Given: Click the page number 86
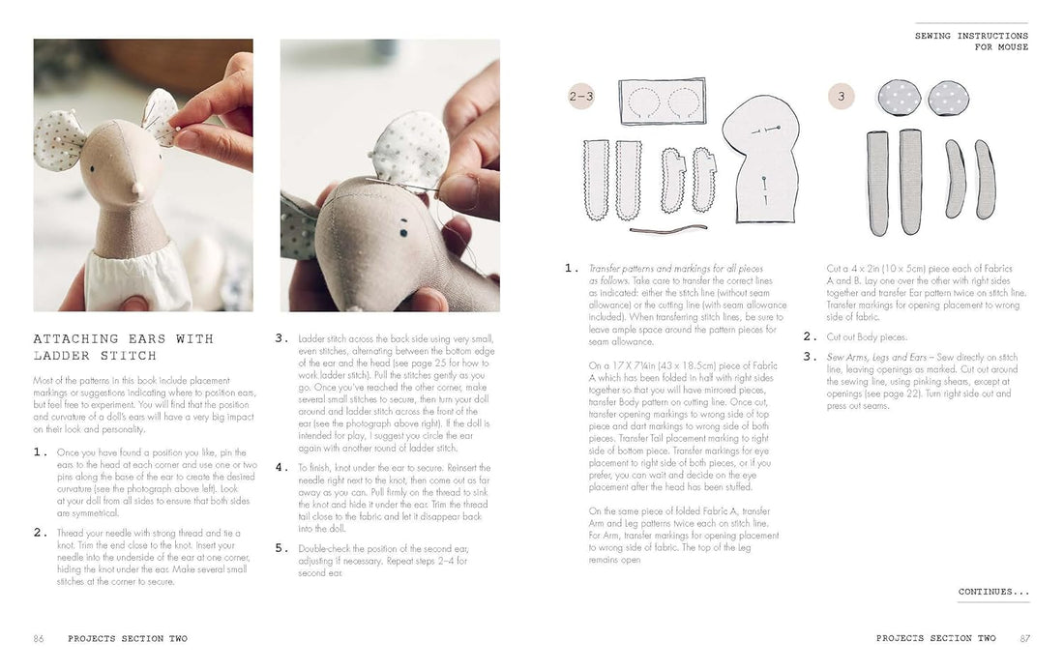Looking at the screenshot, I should pos(39,638).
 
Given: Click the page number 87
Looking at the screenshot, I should pos(1024,638).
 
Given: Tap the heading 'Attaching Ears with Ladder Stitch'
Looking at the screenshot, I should pos(123,346).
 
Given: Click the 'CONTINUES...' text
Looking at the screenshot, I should pos(993,592).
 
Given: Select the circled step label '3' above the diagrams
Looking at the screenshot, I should pos(841,97).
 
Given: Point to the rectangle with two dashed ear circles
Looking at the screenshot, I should pos(662,102).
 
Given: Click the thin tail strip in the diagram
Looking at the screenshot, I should pos(667,230).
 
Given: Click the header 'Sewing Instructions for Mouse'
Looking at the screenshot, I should pos(971,41).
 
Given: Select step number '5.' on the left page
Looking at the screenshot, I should pos(281,547).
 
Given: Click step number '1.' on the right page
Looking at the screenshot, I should pos(572,268).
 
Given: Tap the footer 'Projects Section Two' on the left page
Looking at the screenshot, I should pos(128,638).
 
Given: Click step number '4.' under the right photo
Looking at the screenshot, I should pos(281,467).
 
